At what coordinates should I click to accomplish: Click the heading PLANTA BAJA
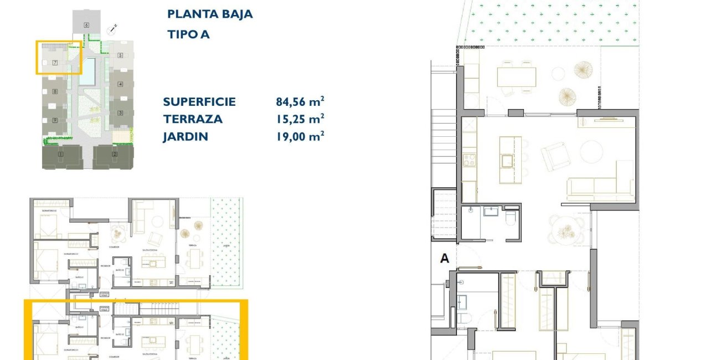(x=210, y=14)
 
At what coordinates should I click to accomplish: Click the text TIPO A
(x=188, y=34)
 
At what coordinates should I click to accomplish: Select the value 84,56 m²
(x=300, y=101)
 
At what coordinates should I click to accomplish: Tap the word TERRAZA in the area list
(x=192, y=119)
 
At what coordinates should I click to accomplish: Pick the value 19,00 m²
(x=300, y=136)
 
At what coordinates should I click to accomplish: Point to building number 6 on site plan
(x=86, y=25)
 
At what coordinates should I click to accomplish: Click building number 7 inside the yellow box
(x=55, y=63)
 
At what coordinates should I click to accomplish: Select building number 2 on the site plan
(x=115, y=154)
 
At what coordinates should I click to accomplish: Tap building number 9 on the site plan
(x=55, y=120)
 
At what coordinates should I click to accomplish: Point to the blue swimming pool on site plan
(x=87, y=71)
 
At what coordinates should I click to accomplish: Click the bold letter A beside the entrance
(x=444, y=258)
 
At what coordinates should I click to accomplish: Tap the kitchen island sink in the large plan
(x=506, y=161)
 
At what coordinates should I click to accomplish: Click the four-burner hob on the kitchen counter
(x=469, y=160)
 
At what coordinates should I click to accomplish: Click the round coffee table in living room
(x=591, y=151)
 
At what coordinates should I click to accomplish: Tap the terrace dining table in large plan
(x=516, y=76)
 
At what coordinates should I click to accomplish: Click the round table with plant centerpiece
(x=566, y=229)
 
